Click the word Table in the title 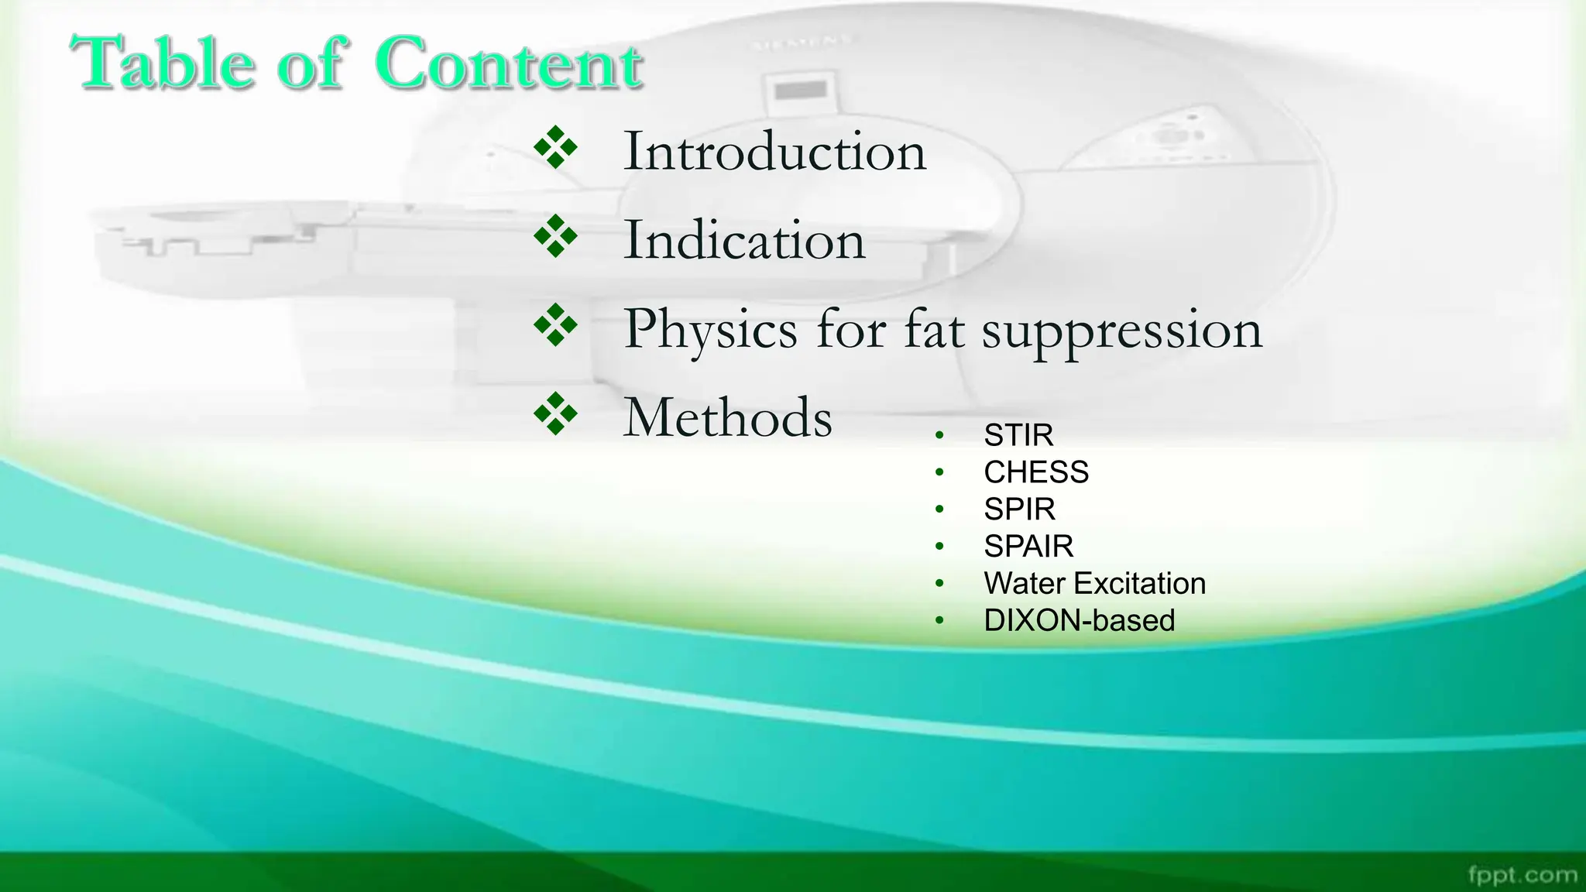[163, 63]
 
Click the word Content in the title [509, 63]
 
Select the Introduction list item [774, 151]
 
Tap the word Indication [744, 240]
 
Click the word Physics [710, 330]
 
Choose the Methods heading [728, 418]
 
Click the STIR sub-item [1018, 435]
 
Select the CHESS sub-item [1035, 472]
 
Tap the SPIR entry [1019, 509]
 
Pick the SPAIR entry [1028, 547]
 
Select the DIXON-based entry [1079, 621]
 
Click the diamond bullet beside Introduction [556, 148]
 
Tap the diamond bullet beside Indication [556, 237]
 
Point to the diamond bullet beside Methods [556, 413]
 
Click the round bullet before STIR [939, 436]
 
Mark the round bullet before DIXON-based [939, 620]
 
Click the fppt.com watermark [1522, 875]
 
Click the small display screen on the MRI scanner [801, 91]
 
